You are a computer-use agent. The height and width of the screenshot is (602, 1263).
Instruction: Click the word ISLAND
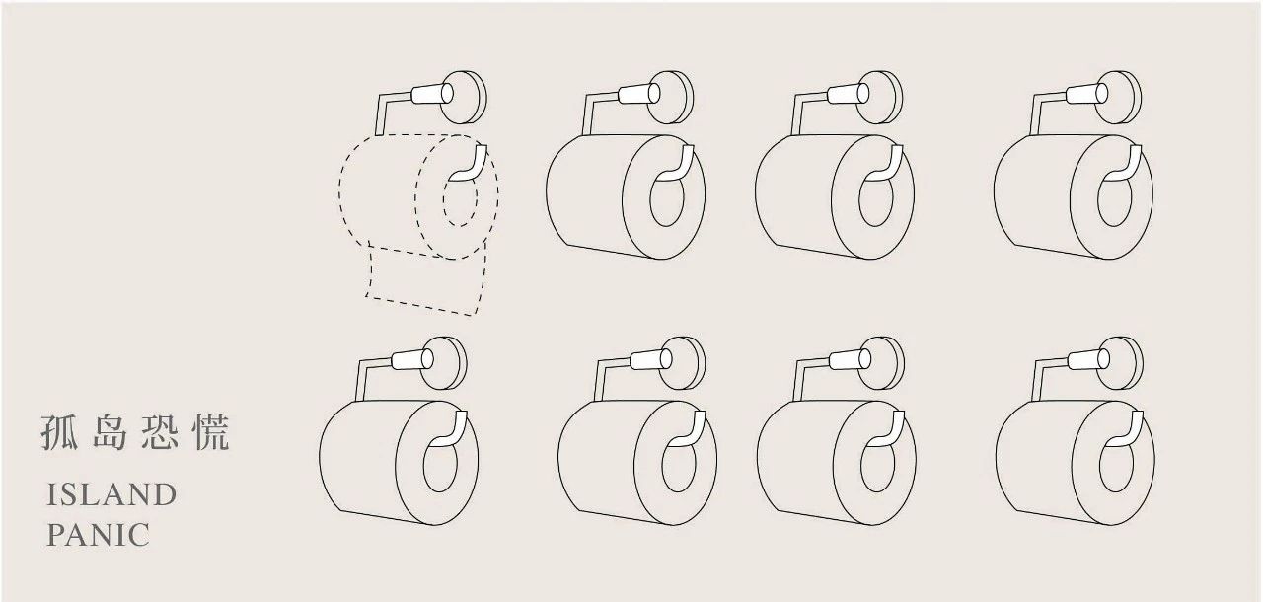pyautogui.click(x=111, y=495)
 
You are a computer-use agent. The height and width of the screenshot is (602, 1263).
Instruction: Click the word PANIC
pyautogui.click(x=98, y=535)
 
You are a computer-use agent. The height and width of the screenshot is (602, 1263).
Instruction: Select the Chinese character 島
pyautogui.click(x=110, y=433)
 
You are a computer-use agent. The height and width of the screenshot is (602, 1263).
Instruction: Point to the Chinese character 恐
pyautogui.click(x=161, y=433)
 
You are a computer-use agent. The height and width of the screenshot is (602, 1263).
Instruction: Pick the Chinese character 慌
pyautogui.click(x=211, y=433)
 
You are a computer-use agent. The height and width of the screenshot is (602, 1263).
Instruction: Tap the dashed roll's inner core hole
pyautogui.click(x=460, y=198)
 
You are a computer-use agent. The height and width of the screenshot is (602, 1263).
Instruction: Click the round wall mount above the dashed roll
pyautogui.click(x=464, y=98)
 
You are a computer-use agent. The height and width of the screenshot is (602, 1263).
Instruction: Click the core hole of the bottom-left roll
pyautogui.click(x=440, y=465)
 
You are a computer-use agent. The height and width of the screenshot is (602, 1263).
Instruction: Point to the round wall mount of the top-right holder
pyautogui.click(x=1118, y=98)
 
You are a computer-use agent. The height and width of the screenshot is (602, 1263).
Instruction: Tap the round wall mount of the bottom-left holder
pyautogui.click(x=444, y=363)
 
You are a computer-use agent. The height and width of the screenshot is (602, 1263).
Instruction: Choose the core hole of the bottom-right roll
pyautogui.click(x=1116, y=465)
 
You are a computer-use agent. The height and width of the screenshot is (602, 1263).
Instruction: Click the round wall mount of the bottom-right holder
pyautogui.click(x=1119, y=363)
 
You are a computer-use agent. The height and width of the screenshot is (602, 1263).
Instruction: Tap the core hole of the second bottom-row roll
pyautogui.click(x=679, y=465)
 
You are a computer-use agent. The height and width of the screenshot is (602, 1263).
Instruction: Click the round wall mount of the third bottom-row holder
pyautogui.click(x=880, y=363)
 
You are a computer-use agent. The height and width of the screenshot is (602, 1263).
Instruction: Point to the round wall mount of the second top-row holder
pyautogui.click(x=670, y=98)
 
